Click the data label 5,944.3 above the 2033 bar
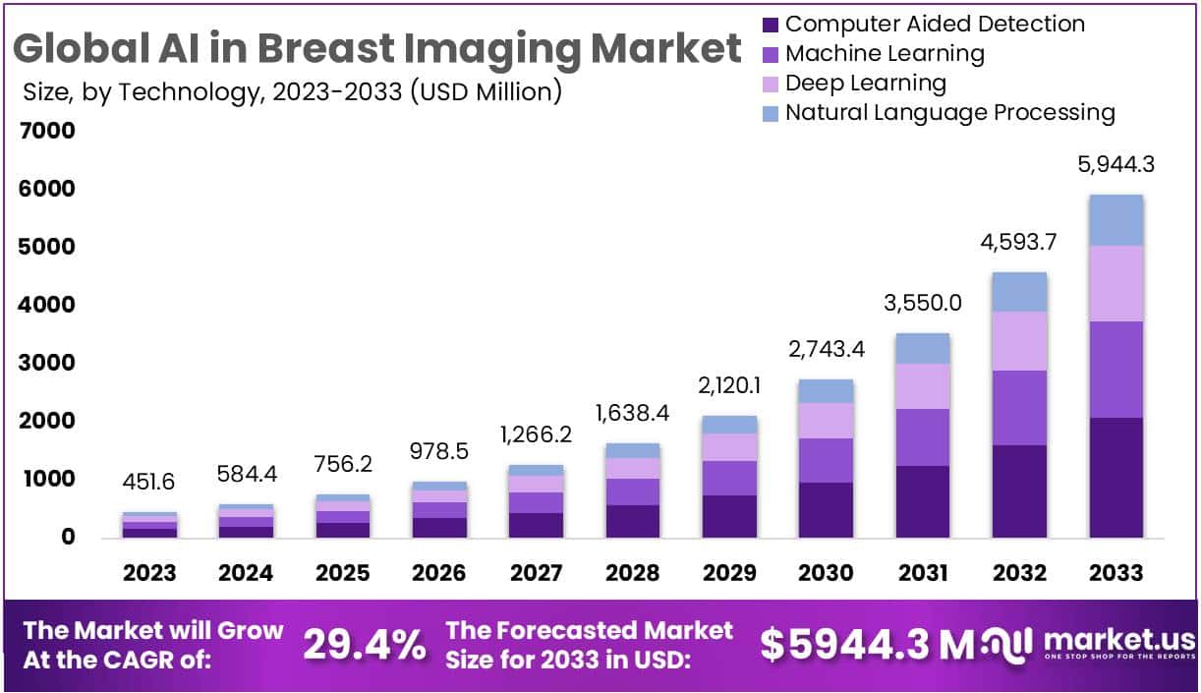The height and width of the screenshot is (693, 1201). [x=1115, y=164]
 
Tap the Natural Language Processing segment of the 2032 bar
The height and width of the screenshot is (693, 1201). [x=1019, y=292]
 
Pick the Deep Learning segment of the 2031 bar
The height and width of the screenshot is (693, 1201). [x=922, y=386]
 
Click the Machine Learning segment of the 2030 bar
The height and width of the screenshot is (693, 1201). [x=826, y=460]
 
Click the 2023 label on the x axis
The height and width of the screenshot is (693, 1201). [x=149, y=573]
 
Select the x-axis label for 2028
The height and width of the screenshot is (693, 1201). [x=632, y=573]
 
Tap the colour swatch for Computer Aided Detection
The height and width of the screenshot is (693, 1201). [x=771, y=25]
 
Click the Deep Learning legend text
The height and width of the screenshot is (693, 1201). [x=865, y=83]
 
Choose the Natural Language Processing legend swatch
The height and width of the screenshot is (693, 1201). [x=771, y=113]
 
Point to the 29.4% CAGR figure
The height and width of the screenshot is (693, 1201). [x=365, y=645]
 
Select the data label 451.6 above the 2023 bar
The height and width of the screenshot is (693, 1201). [x=149, y=483]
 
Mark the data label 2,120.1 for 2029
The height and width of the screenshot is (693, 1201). [x=729, y=386]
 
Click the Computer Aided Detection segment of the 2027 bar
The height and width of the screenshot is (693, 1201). [x=536, y=525]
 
